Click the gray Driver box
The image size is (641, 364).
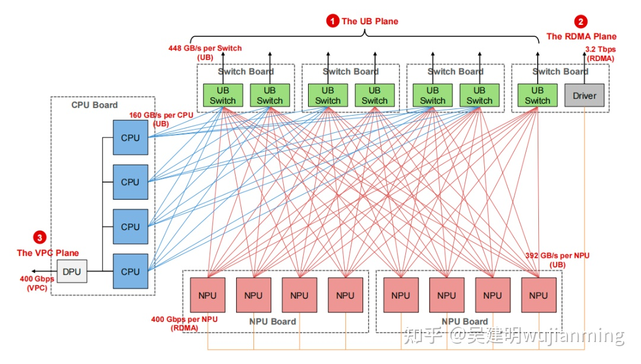coord(584,95)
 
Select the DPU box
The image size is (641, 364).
coord(72,272)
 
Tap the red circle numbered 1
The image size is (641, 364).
coord(332,21)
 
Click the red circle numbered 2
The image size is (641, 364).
coord(581,22)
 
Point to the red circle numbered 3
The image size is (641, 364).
coord(40,238)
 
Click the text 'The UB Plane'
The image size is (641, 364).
coord(370,21)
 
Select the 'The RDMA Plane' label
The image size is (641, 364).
coord(581,36)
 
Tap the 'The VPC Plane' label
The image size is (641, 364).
coord(47,253)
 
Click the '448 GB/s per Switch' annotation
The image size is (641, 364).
coord(205,48)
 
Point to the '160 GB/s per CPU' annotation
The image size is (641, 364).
coord(161,115)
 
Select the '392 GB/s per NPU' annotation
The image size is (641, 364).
coord(557,256)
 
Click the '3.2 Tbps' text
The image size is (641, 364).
coord(600,49)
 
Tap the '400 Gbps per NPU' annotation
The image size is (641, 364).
coord(184,319)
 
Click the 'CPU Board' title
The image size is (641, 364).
coord(94,105)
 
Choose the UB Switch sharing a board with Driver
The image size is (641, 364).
coord(537,95)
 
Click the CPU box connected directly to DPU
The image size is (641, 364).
coord(130,272)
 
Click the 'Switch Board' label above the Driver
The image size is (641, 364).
coord(560,72)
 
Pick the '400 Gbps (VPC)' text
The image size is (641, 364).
coord(37,283)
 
